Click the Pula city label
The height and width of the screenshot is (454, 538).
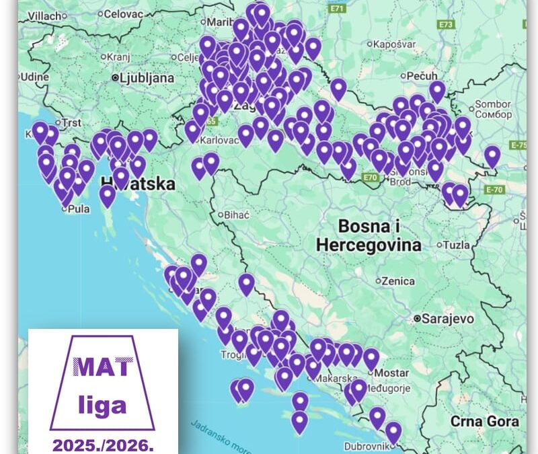(x=77, y=209)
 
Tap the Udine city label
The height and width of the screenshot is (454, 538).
(x=35, y=77)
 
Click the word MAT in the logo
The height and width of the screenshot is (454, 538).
(x=103, y=367)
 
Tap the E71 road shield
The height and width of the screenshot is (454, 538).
(x=338, y=8)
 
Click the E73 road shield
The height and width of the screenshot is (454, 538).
(x=445, y=24)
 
